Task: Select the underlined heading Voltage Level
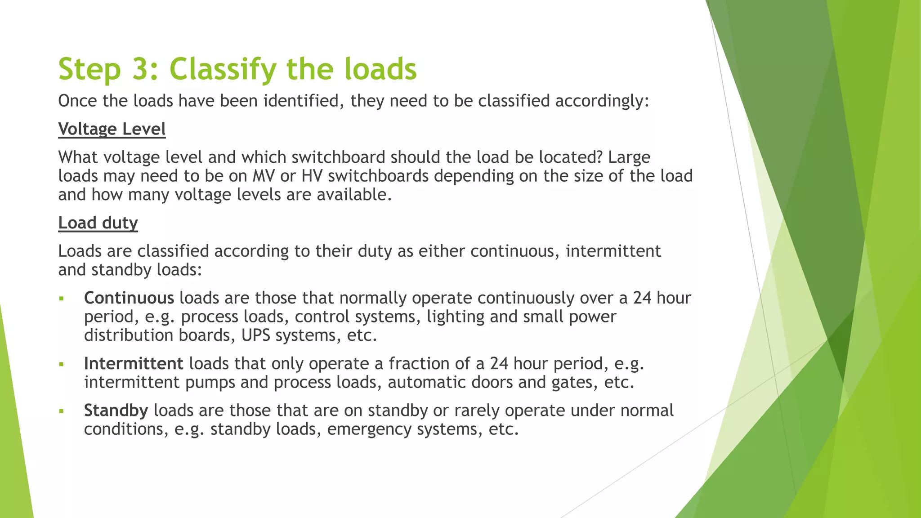click(112, 129)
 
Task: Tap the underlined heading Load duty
click(98, 223)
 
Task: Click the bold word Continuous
click(129, 298)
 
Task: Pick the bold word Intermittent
click(134, 363)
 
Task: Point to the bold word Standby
click(116, 410)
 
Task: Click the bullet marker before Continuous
click(62, 299)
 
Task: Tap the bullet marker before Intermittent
click(62, 364)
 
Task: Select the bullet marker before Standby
click(62, 411)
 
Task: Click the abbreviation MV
click(264, 176)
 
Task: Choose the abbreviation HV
click(312, 176)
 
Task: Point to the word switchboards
click(378, 176)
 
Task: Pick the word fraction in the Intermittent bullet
click(421, 363)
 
